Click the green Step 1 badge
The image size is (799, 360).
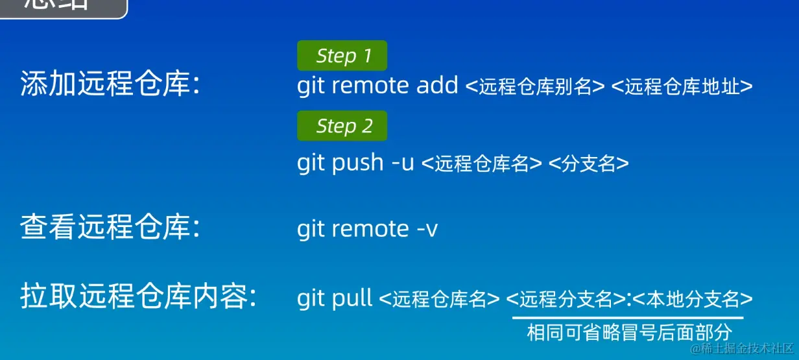point(342,56)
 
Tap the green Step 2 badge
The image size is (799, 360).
point(342,126)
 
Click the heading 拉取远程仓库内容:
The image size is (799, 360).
point(139,298)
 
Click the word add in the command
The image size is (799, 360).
point(437,85)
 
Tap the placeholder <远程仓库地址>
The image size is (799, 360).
point(682,86)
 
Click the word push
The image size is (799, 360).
point(357,163)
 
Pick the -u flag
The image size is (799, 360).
point(403,163)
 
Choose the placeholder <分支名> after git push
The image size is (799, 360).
point(588,163)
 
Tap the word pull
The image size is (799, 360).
point(352,298)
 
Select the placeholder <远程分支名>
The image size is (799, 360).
point(566,299)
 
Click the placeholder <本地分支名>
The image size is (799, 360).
point(692,299)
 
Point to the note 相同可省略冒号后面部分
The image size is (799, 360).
point(629,333)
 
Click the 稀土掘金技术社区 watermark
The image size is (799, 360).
point(742,350)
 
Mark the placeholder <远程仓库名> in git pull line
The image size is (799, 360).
point(439,299)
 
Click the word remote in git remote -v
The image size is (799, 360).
point(372,228)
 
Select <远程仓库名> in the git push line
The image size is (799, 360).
point(481,163)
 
